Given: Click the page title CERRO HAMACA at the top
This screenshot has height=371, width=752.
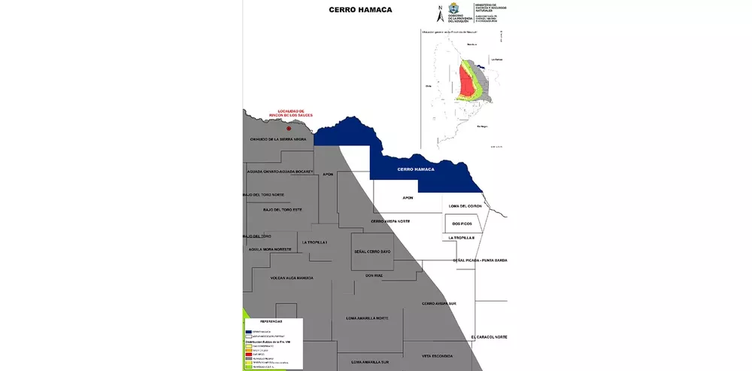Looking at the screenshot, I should pos(360,11).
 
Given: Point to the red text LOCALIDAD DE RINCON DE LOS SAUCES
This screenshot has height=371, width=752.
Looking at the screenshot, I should pos(290,113).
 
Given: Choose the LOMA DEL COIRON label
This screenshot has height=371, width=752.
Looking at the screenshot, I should pos(464,205).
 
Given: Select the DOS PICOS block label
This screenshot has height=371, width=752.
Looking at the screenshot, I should pos(462,224).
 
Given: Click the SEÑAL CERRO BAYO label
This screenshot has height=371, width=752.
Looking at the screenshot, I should pos(372,251).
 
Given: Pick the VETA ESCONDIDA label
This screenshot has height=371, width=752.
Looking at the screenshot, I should pos(437,355).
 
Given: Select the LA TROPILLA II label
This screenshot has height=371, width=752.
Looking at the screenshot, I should pos(462,238).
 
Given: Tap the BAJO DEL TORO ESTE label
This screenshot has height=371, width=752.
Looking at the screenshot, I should pos(282,209).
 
